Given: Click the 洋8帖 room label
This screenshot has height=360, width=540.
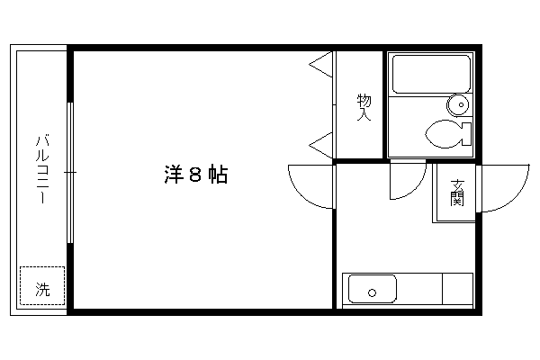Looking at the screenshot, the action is click(x=195, y=175).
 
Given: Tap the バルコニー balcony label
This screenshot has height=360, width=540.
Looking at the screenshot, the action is click(x=42, y=169).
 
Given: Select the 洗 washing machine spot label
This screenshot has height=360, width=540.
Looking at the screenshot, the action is click(x=42, y=290).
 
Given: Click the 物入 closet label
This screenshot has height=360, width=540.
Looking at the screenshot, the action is click(x=364, y=107).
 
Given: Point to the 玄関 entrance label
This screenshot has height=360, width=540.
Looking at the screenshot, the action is click(x=457, y=193).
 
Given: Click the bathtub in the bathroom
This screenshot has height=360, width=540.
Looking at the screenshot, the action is click(x=431, y=74).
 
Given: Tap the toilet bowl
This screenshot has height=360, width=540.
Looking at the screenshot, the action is click(x=443, y=134).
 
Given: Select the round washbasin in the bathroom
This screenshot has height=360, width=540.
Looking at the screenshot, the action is click(x=458, y=104).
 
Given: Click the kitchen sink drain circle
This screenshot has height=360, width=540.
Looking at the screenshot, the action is click(x=372, y=293).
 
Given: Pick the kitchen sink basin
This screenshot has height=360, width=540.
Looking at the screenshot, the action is click(x=373, y=289).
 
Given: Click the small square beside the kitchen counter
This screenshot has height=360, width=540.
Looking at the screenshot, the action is click(x=457, y=289).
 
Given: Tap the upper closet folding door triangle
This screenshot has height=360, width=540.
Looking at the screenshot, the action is click(x=320, y=65).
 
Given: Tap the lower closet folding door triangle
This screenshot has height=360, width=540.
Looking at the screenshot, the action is click(x=320, y=146).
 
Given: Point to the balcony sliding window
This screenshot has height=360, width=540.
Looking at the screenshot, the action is click(x=70, y=173).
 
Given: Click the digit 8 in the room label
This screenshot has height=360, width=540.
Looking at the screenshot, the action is click(x=195, y=175).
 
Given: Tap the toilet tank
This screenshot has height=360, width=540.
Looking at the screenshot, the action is click(x=466, y=134).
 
